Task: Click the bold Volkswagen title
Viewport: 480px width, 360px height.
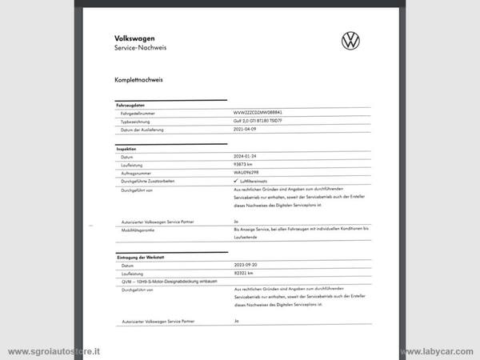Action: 134,38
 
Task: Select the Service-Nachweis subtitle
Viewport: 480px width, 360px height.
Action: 141,48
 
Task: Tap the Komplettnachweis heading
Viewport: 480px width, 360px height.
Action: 138,81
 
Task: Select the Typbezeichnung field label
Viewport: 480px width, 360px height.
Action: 137,122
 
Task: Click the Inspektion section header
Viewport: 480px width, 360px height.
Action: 126,149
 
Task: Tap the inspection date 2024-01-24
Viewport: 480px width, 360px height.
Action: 246,158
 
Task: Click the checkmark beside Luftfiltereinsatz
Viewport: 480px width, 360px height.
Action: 236,182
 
